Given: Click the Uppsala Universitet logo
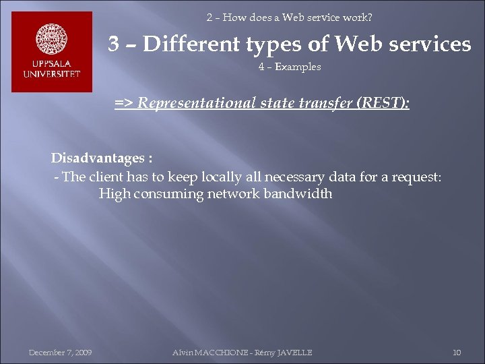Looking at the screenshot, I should [x=52, y=53].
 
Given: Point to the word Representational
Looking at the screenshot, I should [x=191, y=104].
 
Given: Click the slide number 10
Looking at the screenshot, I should [x=457, y=353].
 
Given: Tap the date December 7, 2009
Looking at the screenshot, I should [x=61, y=353].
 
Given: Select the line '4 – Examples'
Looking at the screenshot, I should [x=290, y=67].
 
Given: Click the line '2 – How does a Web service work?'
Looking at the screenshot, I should [x=290, y=17].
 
